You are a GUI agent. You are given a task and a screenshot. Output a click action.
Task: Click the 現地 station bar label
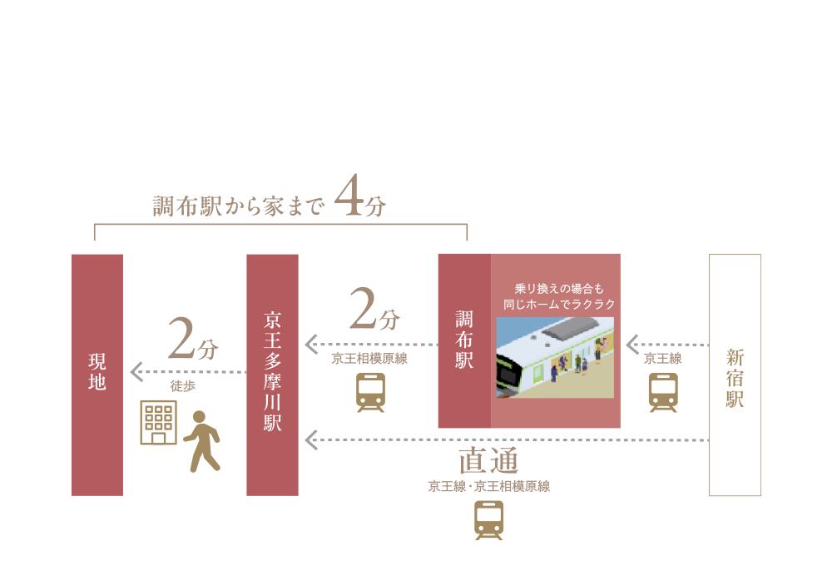click(x=97, y=372)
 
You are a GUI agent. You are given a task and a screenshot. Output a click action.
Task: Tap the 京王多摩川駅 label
click(x=272, y=371)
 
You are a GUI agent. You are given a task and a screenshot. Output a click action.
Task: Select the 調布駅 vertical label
click(x=464, y=340)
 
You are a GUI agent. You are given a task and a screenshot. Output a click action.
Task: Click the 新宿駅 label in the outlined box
click(x=735, y=378)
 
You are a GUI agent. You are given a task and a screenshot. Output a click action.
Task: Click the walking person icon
click(x=201, y=441)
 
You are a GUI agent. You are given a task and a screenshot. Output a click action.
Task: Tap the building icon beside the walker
click(x=158, y=423)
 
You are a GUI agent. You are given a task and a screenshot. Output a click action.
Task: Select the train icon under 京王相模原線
click(x=370, y=393)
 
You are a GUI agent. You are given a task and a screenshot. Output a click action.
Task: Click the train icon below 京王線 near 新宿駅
click(x=663, y=393)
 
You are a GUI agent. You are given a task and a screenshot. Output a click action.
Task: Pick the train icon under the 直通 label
click(x=488, y=521)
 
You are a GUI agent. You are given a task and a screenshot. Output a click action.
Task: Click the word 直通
click(x=488, y=461)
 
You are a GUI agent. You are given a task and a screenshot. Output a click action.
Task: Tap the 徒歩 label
click(x=183, y=386)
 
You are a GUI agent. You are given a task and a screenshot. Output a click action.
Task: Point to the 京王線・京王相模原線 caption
click(x=488, y=486)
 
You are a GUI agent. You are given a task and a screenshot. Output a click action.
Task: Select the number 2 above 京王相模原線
click(x=363, y=307)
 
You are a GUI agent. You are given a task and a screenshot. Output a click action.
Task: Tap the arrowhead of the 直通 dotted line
click(x=311, y=440)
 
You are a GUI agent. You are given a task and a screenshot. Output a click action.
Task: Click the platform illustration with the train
click(x=555, y=358)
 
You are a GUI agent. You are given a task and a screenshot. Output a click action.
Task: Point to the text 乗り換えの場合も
click(x=559, y=289)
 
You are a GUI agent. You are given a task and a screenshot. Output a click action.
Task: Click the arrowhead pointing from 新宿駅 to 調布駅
click(x=632, y=345)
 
